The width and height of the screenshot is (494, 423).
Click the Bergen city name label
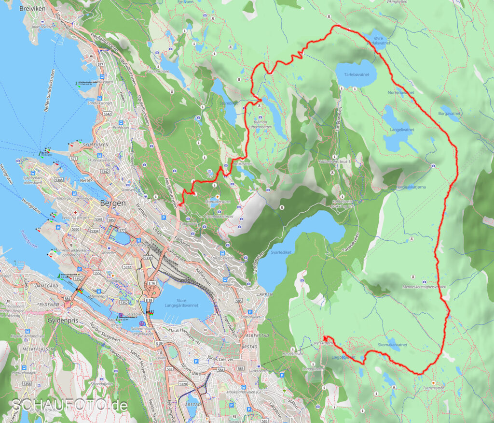pos(112,203)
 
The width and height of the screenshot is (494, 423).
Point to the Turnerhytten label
pos(433,388)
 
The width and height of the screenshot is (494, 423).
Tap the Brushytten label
pos(243,164)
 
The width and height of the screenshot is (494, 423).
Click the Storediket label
pos(228,102)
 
